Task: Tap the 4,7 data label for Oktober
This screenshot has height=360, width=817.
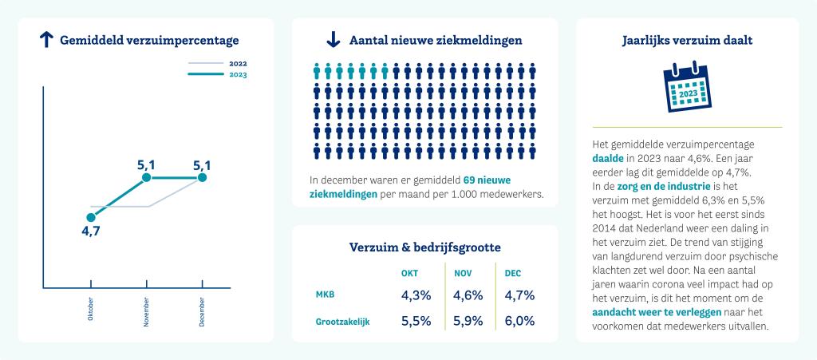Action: [x=90, y=231]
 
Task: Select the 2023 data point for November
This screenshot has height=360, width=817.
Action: [x=146, y=178]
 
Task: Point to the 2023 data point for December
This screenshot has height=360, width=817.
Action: [x=202, y=178]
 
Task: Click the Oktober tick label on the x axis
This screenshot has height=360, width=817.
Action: [x=90, y=310]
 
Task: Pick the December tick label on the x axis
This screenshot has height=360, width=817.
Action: [x=202, y=310]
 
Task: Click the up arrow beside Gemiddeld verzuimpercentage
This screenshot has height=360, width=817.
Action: [x=46, y=40]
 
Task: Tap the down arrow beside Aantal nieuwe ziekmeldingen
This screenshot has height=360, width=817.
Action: [x=334, y=40]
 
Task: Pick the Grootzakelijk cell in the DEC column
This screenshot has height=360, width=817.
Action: [x=519, y=322]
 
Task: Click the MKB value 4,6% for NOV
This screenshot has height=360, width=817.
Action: [x=468, y=295]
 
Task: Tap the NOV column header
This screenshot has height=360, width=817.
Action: [x=463, y=273]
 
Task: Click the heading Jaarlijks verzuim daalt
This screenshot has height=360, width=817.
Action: [x=686, y=39]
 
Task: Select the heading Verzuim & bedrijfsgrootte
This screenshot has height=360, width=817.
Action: [x=425, y=247]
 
